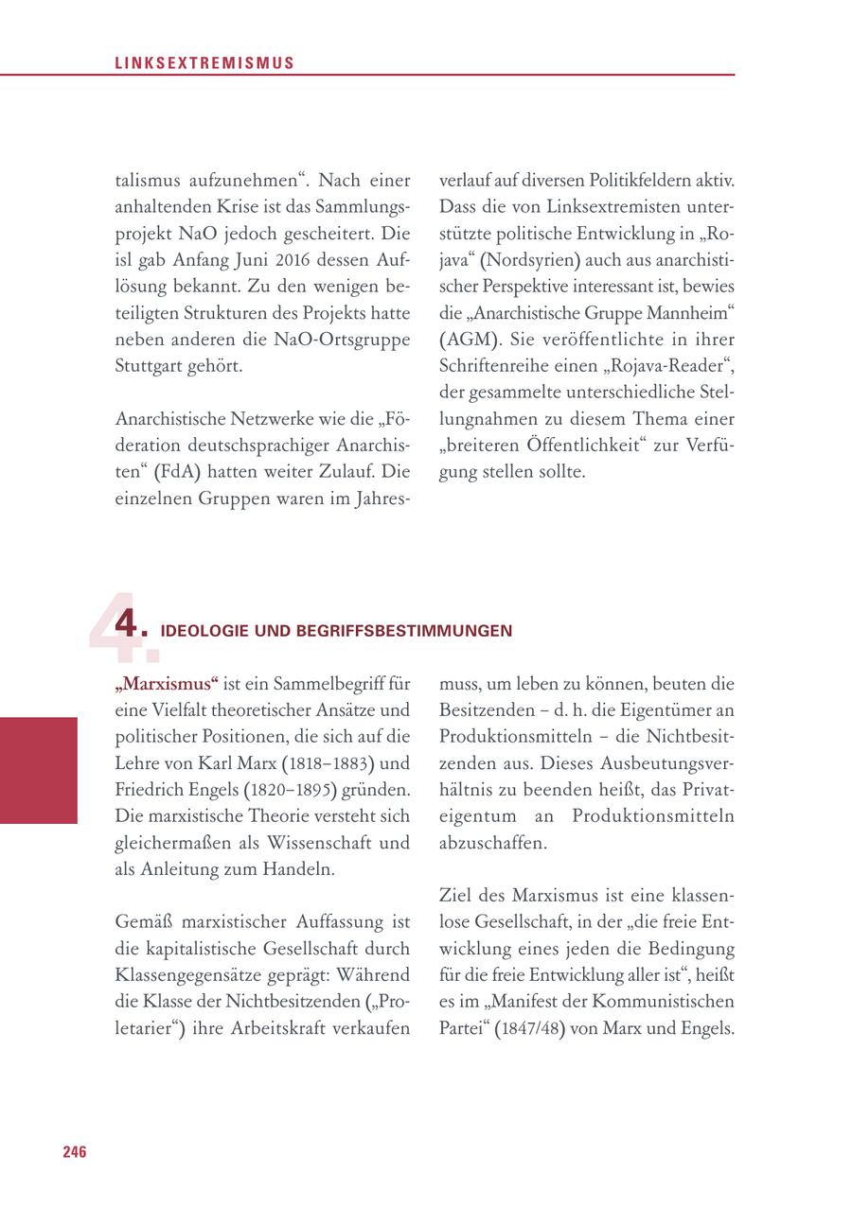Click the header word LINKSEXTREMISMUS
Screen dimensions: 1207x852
204,63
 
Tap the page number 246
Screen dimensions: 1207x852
75,1151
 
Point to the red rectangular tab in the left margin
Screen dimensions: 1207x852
38,770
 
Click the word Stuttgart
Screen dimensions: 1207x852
149,364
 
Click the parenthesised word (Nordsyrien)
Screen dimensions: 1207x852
532,259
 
